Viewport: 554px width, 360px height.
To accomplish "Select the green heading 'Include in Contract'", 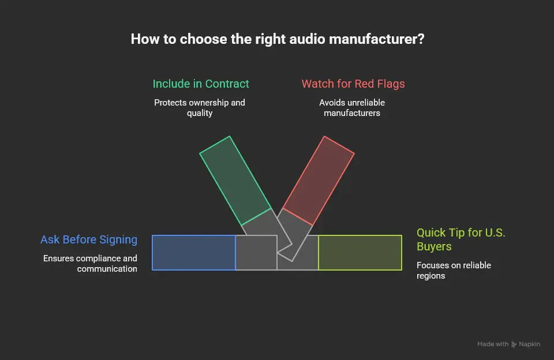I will tap(201, 84).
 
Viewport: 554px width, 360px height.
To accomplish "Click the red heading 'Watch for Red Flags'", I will tap(353, 84).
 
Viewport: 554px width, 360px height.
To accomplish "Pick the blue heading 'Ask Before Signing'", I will tap(89, 239).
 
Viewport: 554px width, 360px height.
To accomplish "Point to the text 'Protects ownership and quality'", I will tap(200, 108).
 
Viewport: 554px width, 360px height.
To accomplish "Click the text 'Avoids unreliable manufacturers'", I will tap(352, 108).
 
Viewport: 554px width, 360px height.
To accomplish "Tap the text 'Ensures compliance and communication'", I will tap(91, 264).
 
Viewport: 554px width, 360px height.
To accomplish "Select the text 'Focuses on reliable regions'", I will tap(454, 271).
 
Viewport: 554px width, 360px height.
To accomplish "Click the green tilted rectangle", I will tap(235, 181).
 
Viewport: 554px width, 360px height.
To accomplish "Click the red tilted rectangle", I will tap(319, 181).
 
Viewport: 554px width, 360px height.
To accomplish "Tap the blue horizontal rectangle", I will tap(194, 253).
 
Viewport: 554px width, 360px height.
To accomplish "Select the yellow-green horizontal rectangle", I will tap(360, 253).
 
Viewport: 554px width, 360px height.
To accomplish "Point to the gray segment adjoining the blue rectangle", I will tap(256, 253).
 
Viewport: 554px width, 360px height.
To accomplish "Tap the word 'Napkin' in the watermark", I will tap(530, 344).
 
